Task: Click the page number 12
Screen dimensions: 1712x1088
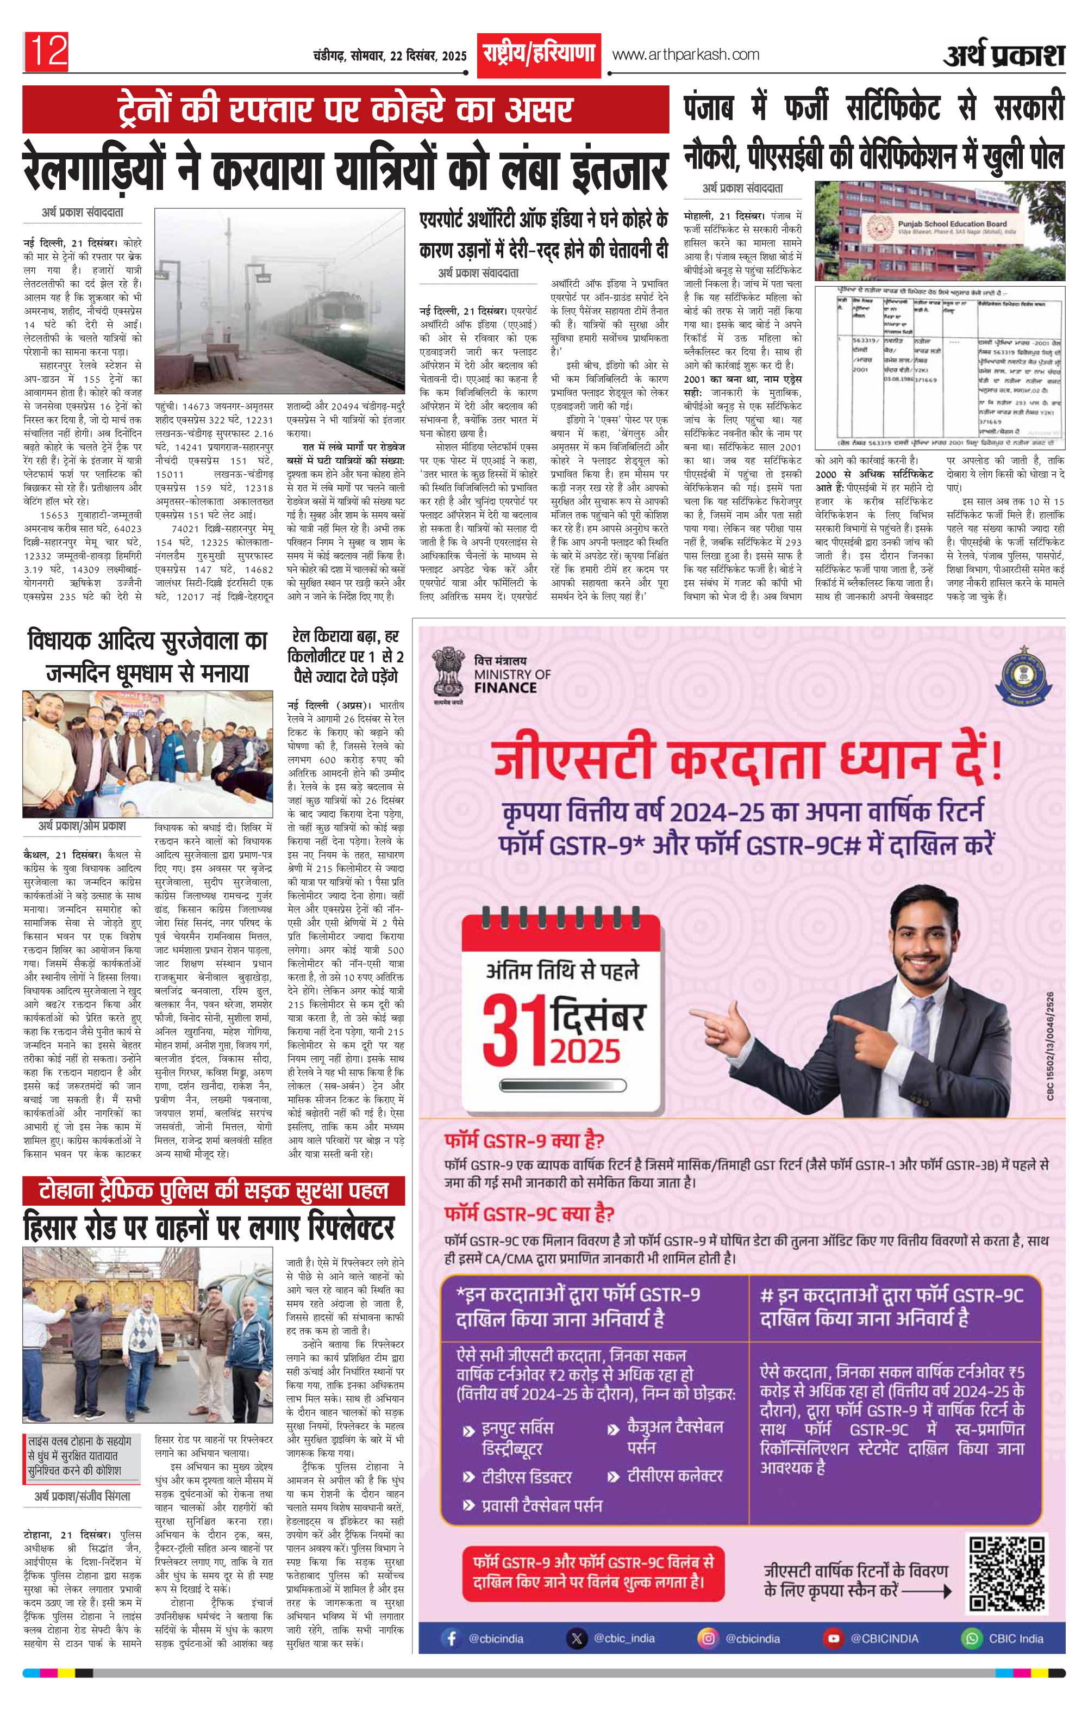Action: tap(48, 52)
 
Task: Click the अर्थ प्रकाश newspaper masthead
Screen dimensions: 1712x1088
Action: tap(1004, 55)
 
